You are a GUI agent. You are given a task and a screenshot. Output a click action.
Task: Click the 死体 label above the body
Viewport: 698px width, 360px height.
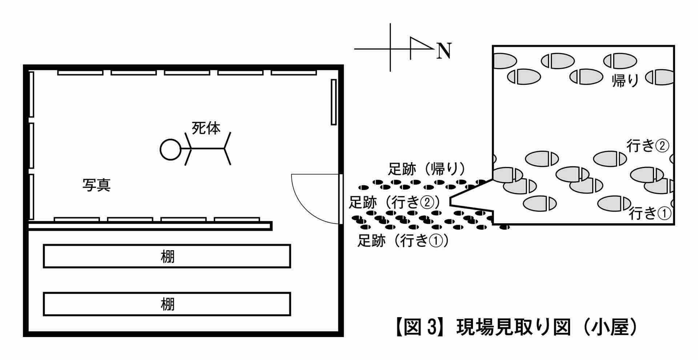[206, 128]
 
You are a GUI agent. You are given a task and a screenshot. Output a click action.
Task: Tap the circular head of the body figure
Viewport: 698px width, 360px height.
[170, 149]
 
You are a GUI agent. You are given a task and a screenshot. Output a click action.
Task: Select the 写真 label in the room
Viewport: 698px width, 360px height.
[96, 185]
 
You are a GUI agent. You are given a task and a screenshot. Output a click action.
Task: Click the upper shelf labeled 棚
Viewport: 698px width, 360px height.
[167, 256]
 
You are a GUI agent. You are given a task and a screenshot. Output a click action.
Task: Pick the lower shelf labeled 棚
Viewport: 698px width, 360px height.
[167, 304]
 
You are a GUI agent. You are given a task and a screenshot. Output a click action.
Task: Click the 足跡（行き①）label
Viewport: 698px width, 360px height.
[403, 240]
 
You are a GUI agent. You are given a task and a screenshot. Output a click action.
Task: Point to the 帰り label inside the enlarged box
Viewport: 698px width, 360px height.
[625, 81]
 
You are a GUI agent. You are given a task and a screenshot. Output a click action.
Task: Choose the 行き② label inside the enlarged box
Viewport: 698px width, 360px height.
[647, 146]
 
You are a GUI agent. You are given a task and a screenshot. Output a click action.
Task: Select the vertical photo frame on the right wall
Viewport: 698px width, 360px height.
[334, 102]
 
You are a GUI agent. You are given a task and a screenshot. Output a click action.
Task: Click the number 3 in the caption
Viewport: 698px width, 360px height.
[431, 328]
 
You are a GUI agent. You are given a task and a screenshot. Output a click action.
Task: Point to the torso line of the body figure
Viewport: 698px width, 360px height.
[208, 149]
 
